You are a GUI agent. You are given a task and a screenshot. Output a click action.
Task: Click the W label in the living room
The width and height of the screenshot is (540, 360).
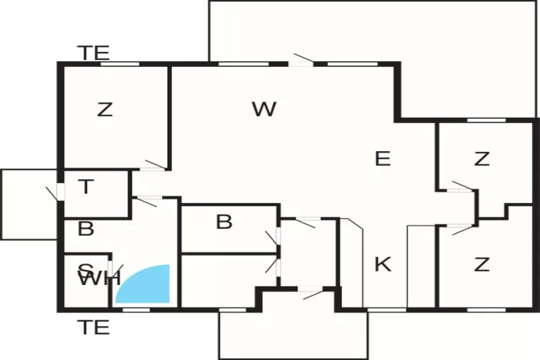pos(264,109)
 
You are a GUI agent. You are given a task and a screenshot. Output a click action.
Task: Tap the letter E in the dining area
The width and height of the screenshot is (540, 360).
pos(382,158)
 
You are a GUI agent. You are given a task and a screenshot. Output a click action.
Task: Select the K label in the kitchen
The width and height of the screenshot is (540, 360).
pos(382,264)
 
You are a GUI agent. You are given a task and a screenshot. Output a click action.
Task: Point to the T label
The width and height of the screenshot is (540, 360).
pos(86,187)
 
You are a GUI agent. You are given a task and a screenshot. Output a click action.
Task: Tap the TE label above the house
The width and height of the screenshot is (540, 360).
pos(94,53)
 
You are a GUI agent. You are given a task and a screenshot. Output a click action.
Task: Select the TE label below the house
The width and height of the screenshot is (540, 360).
pos(94,328)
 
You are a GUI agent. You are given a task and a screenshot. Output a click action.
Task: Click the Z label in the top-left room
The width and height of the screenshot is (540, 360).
pos(105,110)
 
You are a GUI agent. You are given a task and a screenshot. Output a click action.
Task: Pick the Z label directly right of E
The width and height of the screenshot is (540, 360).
pos(482,158)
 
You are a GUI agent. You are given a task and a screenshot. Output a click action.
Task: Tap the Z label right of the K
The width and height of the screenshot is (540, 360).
pos(482,264)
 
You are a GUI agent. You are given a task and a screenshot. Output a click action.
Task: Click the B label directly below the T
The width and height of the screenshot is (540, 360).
pos(86,229)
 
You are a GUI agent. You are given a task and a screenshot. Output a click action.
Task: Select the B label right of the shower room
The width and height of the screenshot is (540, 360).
pos(224,222)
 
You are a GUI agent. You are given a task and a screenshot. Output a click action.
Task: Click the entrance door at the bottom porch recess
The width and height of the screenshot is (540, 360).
pos(311,292)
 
